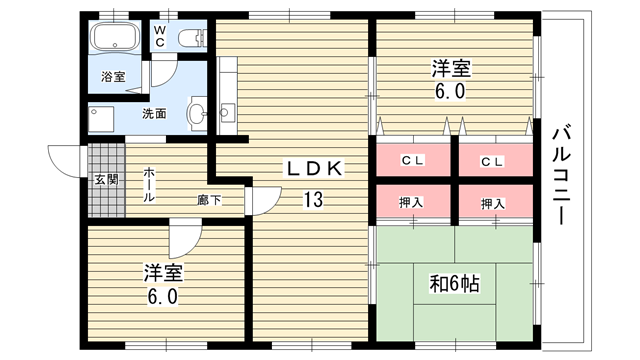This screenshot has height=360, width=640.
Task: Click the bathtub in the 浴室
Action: click(115, 37)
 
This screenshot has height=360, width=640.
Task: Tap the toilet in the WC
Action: click(192, 38)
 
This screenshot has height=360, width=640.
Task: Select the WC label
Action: click(160, 36)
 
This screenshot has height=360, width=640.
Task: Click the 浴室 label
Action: click(113, 76)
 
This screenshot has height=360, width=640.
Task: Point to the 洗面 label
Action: click(154, 114)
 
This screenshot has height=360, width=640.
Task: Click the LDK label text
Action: click(314, 169)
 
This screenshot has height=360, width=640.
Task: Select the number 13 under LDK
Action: click(313, 200)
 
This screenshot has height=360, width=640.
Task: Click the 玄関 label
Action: click(107, 179)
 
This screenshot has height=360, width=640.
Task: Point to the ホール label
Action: click(149, 185)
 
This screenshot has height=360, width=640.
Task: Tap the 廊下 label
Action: click(209, 200)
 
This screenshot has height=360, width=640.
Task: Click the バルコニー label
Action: click(562, 176)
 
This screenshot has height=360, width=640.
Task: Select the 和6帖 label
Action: click(454, 284)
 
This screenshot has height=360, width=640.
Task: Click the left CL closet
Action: click(413, 160)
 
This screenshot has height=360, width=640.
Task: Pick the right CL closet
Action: click(496, 160)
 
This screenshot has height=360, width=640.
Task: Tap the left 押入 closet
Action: click(413, 202)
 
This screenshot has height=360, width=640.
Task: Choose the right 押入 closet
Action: click(496, 202)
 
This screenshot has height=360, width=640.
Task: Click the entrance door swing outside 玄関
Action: click(64, 162)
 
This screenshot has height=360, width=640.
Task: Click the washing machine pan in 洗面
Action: click(101, 120)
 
